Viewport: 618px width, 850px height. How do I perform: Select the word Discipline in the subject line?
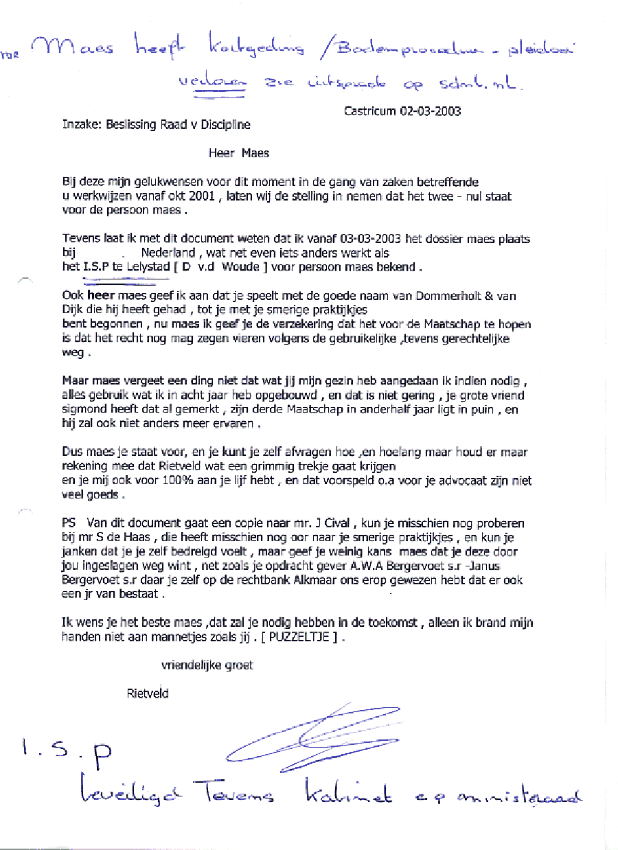click(x=224, y=125)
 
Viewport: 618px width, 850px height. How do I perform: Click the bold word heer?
click(x=102, y=296)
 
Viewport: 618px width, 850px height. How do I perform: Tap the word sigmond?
click(x=84, y=410)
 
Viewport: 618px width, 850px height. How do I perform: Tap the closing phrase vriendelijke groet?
click(x=207, y=665)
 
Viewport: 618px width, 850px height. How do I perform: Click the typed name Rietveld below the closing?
click(x=148, y=693)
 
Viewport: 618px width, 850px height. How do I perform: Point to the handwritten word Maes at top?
click(x=80, y=49)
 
